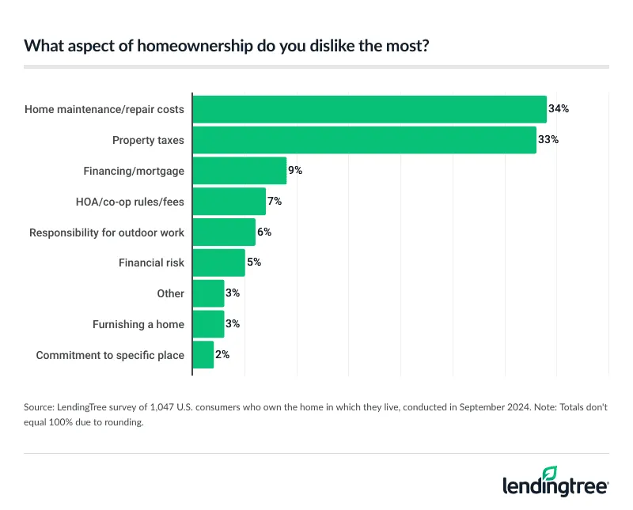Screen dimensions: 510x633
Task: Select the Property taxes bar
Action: [365, 140]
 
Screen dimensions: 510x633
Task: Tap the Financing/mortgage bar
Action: [240, 171]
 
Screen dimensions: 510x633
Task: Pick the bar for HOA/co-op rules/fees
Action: [229, 202]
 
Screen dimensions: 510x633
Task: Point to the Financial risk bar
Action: [219, 263]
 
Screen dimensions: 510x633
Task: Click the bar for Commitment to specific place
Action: [203, 355]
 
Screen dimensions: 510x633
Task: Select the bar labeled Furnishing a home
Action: [209, 324]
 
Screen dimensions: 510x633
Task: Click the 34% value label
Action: [559, 109]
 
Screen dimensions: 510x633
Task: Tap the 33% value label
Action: [549, 140]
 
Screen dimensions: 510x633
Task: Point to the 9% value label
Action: [295, 171]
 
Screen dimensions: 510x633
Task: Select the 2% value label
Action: [222, 355]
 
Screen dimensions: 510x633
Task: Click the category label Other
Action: [171, 293]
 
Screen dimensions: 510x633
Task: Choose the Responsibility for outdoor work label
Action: [107, 232]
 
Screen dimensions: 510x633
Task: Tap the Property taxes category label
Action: [148, 140]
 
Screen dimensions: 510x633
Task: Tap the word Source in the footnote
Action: [40, 409]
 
